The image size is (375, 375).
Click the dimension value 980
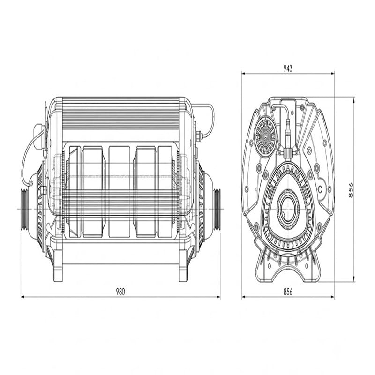tap(120, 292)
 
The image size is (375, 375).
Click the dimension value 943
tap(288, 68)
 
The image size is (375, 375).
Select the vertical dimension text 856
tap(351, 190)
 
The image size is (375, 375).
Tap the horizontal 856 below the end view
tap(288, 292)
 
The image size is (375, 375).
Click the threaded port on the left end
tap(25, 209)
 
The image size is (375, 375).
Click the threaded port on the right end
tap(217, 209)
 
